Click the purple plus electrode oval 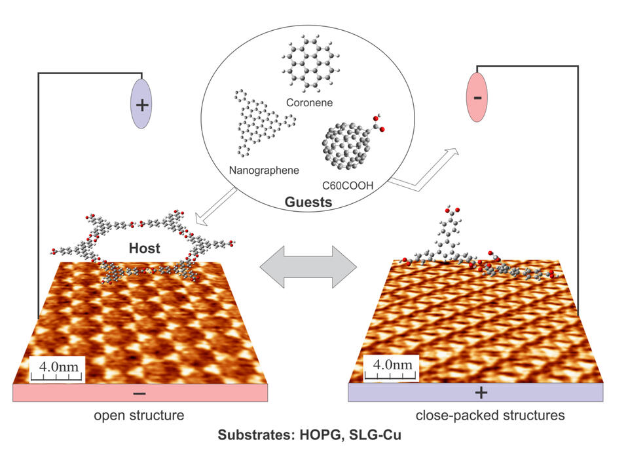[x=141, y=104]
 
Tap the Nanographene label [x=264, y=170]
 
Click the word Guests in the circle [x=308, y=203]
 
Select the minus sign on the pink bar [x=139, y=393]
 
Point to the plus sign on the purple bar [x=481, y=393]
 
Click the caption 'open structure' [x=138, y=415]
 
